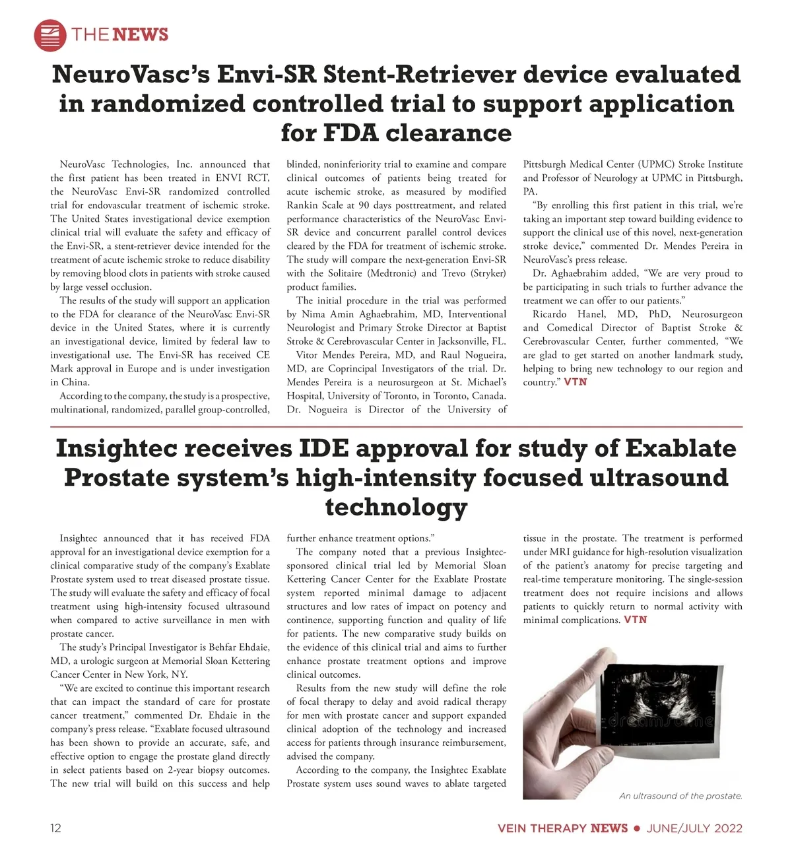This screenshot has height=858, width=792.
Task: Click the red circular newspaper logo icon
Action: [x=50, y=35]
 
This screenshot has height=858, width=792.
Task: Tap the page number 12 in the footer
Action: [x=56, y=828]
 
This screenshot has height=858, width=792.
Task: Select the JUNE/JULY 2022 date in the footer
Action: [x=694, y=828]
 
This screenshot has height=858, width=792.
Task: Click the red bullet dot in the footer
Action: [x=637, y=828]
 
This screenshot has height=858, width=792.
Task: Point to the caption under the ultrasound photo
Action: [x=680, y=796]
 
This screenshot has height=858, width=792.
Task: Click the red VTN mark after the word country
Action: [x=576, y=382]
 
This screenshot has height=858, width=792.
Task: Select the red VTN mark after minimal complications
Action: [x=636, y=620]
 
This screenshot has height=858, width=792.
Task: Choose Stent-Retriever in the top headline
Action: [x=419, y=75]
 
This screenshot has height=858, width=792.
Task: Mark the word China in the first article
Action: [x=76, y=382]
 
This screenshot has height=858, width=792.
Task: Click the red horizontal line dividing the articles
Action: [x=396, y=427]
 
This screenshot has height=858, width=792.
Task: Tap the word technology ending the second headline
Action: [x=396, y=507]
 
